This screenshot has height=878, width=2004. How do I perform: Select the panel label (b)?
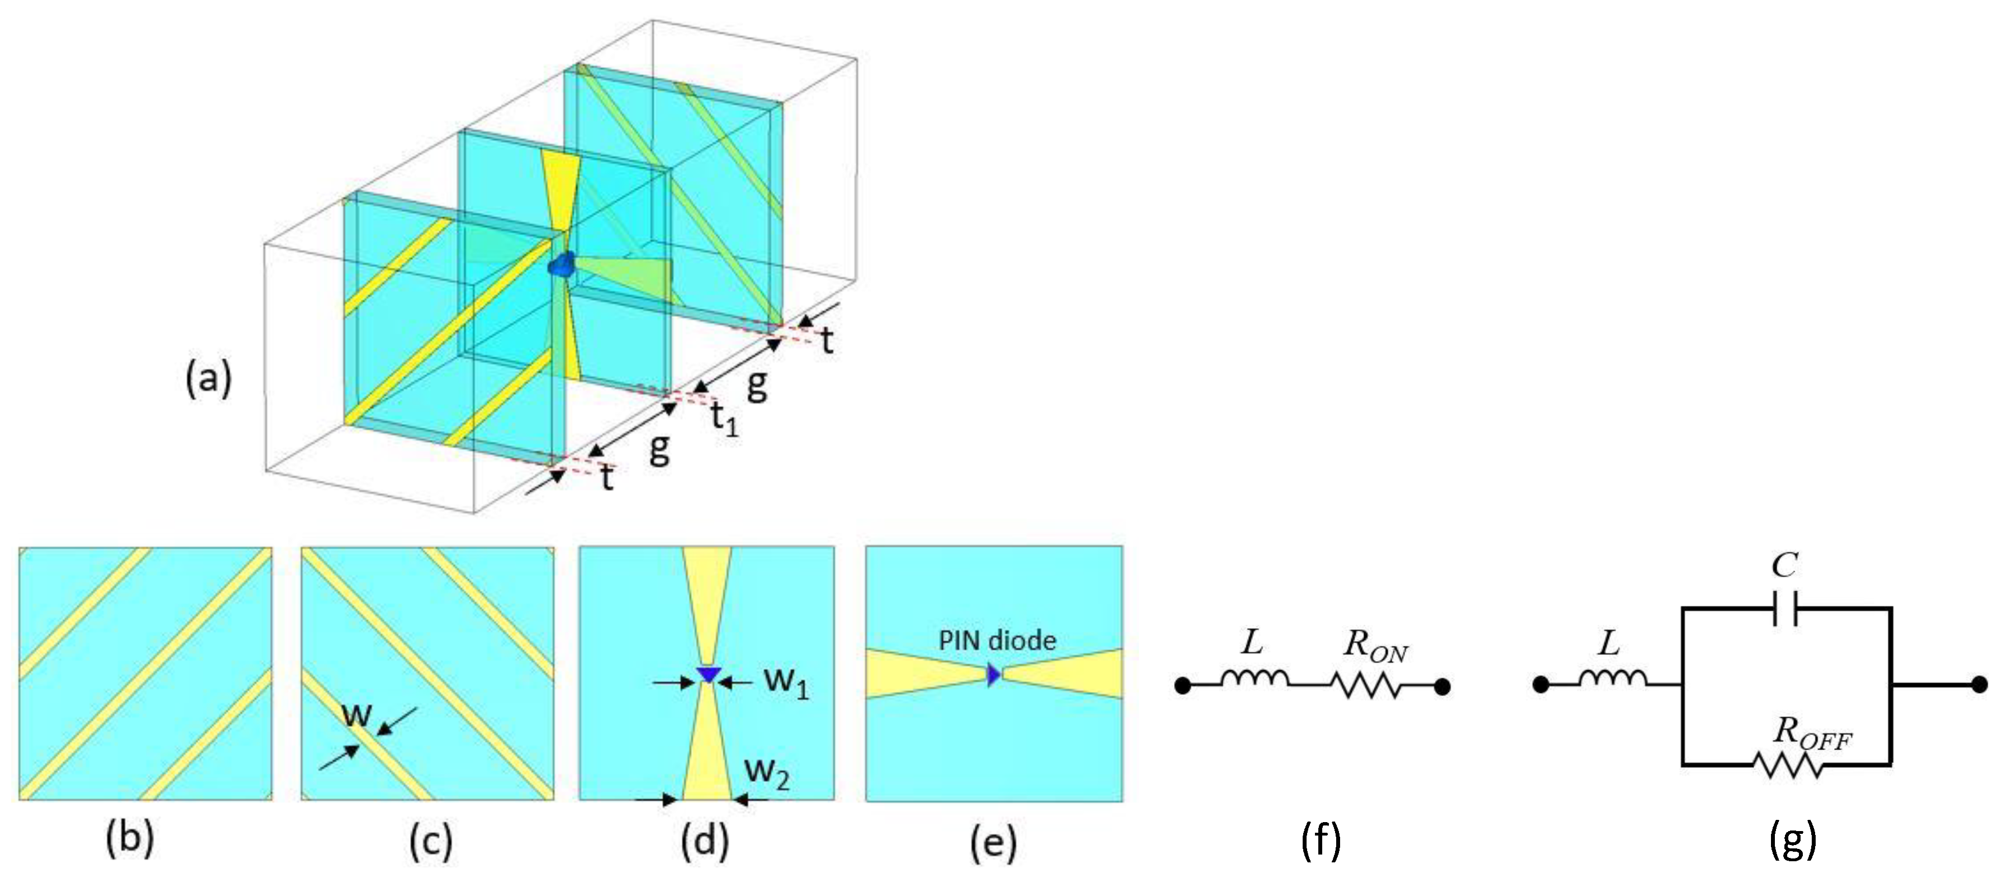130,841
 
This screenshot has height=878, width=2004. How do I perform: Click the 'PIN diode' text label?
998,641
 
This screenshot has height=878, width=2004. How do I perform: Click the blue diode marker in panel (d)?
708,673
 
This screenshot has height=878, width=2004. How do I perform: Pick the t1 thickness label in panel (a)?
724,419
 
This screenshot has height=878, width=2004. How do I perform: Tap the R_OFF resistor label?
1811,734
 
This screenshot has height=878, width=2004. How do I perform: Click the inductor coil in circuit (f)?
1254,680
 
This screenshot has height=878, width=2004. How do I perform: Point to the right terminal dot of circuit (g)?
1979,685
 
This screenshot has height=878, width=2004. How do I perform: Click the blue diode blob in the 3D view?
561,265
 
